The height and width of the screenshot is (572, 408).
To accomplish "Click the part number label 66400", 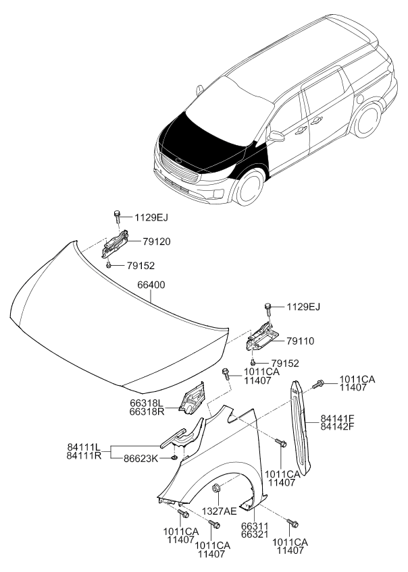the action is pos(151,285).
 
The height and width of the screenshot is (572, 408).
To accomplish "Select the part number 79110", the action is pos(300,341).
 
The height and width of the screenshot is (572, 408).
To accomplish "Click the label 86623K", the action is pos(141,459).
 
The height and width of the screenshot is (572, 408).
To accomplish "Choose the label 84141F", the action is pos(338,418).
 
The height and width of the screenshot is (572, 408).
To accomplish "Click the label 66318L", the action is pos(147,403).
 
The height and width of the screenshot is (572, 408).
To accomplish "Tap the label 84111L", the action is pos(83,447).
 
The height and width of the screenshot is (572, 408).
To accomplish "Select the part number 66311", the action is pos(255,526).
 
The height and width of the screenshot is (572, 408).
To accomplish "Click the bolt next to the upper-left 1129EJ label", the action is pos(117,217).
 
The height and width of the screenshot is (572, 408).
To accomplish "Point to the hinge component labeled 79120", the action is pos(115,243).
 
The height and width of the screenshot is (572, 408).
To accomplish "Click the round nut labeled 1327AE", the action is pos(216,486).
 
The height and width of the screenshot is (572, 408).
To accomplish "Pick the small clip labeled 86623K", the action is pos(174,457).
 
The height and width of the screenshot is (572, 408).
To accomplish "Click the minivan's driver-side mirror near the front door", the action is pos(276,136).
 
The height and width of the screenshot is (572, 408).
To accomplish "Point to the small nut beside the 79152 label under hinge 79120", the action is pos(109,266).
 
